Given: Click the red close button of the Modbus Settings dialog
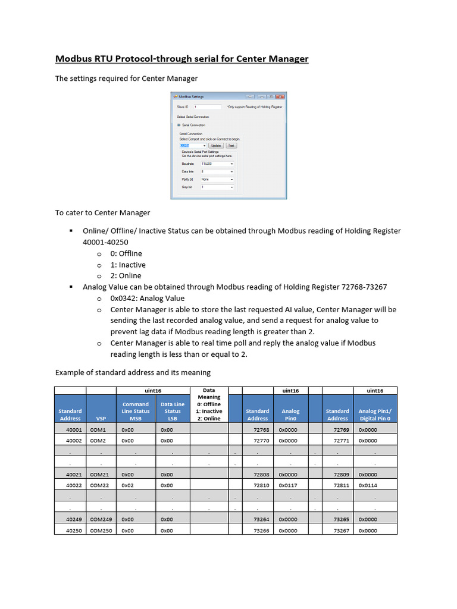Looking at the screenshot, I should point(280,96).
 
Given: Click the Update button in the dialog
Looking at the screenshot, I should point(215,145).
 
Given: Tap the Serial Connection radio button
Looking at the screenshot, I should point(179,125).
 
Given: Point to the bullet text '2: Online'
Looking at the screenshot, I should point(126,275).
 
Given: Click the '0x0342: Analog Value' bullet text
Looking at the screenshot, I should point(147,298).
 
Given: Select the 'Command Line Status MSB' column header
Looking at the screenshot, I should point(136,411).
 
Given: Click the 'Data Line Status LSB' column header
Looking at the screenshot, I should point(173,411).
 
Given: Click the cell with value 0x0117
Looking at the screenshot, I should point(290,485).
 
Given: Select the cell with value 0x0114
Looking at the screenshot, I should point(368,485).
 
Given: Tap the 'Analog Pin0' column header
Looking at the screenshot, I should point(290,415).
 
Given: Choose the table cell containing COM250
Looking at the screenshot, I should point(100,530).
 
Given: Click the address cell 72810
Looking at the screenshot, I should point(261,485).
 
